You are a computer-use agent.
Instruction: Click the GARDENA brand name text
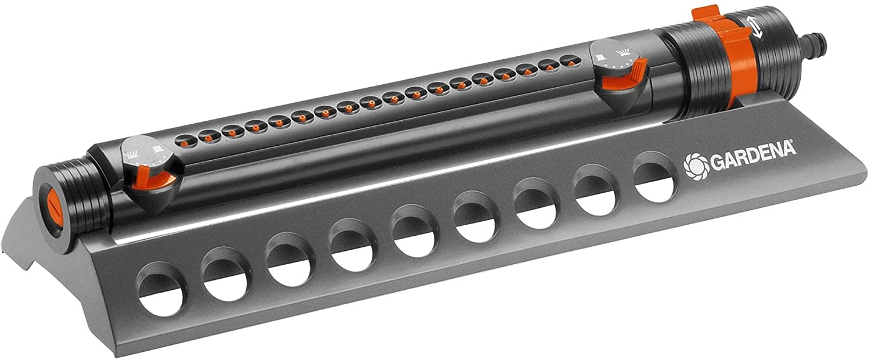[x=753, y=156]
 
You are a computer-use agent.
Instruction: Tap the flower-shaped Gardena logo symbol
[x=696, y=167]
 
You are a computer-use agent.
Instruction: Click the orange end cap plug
[x=53, y=212]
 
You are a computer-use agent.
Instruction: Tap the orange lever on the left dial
[x=152, y=179]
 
